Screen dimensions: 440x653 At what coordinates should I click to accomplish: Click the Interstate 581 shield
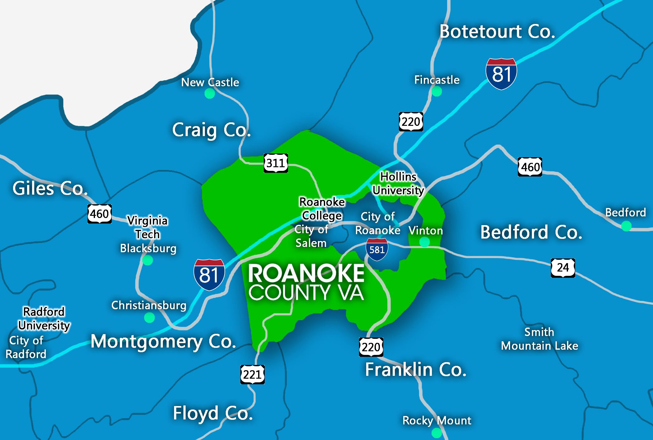377,249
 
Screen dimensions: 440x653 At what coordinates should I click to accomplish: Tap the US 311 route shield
276,163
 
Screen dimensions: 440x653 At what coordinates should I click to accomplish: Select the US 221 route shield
252,374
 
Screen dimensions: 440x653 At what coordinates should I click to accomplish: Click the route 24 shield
563,267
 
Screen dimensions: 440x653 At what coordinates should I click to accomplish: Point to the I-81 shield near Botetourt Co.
501,74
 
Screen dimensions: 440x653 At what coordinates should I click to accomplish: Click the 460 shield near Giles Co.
99,214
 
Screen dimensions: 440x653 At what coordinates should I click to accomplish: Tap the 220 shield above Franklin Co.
371,347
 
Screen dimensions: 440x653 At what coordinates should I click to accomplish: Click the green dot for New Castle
210,93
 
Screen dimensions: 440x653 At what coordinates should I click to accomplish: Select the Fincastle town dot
437,92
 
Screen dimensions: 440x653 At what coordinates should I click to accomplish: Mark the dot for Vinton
424,242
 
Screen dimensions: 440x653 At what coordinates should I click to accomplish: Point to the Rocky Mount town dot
437,433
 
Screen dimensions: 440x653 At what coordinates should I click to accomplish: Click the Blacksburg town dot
148,260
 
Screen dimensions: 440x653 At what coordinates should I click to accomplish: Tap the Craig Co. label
211,130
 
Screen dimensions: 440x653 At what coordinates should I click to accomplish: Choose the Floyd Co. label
213,413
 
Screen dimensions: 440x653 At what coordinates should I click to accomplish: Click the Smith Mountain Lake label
539,339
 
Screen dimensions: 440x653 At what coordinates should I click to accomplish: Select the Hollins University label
398,183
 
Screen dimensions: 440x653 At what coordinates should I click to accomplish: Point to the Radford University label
44,318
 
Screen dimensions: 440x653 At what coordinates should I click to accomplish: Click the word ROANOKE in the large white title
306,273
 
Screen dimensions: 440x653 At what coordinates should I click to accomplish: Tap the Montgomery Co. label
163,342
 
